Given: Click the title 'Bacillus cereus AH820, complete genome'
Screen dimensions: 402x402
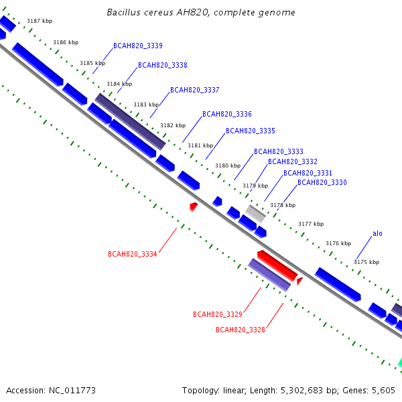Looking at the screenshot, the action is point(201,12).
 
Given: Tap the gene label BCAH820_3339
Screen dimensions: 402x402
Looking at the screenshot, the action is point(138,46).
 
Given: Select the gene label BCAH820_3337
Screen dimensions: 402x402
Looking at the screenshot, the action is point(195,90).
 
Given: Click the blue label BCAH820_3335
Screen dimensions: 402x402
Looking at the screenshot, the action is point(251,131).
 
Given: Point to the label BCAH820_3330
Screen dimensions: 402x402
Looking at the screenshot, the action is point(322,182).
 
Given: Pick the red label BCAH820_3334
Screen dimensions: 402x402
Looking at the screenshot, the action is point(132,254).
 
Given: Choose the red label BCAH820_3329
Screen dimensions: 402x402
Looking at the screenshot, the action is point(218,314).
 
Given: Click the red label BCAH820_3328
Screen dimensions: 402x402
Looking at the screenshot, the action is point(241,330).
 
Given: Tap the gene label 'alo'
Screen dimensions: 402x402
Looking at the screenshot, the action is point(377,233).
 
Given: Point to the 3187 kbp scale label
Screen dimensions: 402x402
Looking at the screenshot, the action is point(40,21).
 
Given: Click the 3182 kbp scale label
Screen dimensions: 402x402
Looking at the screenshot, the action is point(173,125).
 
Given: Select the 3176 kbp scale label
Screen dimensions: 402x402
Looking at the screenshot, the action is point(338,243).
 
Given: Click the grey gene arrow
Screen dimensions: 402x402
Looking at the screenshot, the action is point(255,214).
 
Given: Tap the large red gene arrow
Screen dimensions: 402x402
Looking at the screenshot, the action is point(277,266).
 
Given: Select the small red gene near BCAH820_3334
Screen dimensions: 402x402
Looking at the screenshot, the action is point(194,206).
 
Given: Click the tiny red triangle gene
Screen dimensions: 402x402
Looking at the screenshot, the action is point(299,281).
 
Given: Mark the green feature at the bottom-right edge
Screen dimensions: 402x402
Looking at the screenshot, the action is point(400,363).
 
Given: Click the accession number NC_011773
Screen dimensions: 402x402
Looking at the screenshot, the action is point(72,391).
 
